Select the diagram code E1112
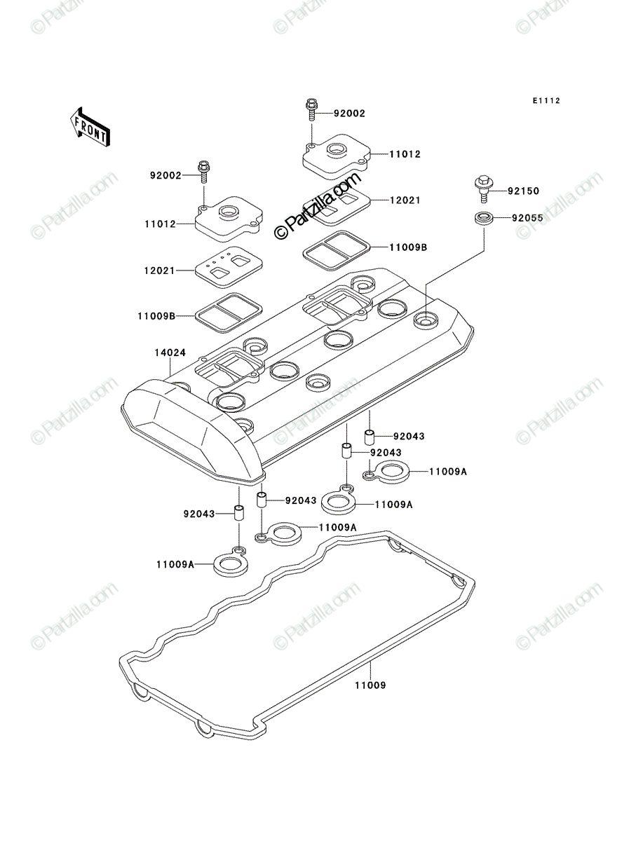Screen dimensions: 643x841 546,101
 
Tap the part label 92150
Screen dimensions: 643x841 523,191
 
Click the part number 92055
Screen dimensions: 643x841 528,218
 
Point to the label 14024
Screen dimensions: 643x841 170,353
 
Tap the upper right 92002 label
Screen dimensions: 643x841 349,114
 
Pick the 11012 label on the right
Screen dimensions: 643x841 405,154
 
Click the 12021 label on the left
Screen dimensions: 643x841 159,271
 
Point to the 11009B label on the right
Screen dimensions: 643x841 408,247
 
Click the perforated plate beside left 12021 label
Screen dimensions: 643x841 229,267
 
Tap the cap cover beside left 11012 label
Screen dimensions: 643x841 229,219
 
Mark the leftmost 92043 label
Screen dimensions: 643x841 199,514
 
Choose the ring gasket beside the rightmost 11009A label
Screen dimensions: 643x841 386,472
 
